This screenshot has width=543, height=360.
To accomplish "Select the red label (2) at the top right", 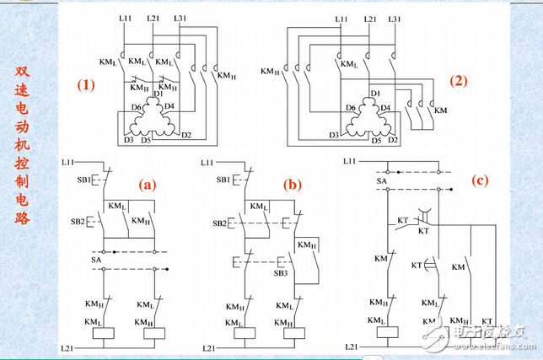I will point(459,82).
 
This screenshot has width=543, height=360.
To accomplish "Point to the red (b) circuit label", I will point(293,183).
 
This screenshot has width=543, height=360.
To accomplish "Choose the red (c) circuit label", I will point(479,179).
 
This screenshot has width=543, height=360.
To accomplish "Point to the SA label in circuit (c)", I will point(381,180).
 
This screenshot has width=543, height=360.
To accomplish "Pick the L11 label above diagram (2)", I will point(341,18).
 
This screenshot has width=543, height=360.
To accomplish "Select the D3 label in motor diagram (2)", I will point(334,134).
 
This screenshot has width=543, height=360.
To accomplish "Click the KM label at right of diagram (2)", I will point(440,110).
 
